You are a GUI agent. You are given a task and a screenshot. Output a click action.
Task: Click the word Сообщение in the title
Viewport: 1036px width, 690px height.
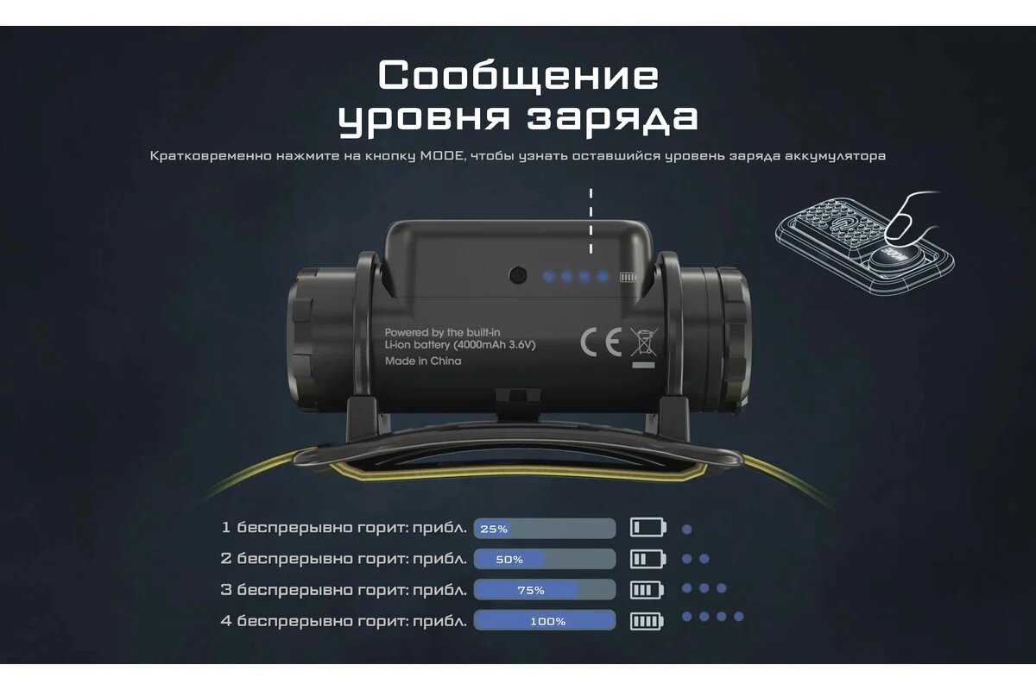(518, 75)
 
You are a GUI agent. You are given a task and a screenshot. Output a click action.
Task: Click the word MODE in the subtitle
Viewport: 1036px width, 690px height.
(442, 156)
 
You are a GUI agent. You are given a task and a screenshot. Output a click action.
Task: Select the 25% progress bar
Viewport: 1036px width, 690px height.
(545, 528)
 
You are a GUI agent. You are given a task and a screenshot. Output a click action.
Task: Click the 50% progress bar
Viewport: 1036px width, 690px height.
(545, 559)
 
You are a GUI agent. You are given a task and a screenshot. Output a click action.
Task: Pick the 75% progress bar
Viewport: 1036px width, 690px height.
(545, 590)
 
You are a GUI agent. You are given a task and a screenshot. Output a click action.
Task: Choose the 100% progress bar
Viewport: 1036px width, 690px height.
(545, 620)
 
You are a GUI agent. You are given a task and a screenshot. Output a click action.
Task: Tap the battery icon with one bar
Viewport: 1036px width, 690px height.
(648, 527)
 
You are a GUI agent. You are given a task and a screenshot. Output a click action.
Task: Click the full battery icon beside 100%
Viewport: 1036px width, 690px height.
(647, 621)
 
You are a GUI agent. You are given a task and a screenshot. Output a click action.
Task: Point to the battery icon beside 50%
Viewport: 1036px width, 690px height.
(647, 559)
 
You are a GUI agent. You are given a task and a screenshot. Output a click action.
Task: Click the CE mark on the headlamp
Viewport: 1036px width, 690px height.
(601, 342)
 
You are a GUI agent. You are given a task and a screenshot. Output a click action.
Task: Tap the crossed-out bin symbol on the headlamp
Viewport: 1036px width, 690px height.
(644, 342)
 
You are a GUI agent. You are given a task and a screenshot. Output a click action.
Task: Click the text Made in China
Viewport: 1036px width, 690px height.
(423, 361)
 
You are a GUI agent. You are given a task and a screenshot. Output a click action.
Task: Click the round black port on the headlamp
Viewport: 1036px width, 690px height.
(517, 275)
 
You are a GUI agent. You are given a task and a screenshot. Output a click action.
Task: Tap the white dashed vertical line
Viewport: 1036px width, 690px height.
(591, 221)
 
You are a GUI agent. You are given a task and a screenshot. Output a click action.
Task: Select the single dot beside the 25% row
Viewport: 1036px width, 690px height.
(687, 530)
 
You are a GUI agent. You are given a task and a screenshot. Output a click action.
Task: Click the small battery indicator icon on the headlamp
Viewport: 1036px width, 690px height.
(628, 278)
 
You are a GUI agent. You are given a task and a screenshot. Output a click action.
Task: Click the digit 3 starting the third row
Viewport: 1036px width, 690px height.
(225, 590)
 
